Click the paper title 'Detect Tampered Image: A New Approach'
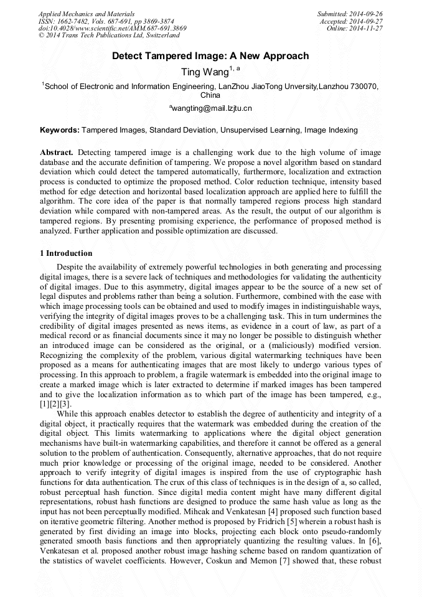coord(210,56)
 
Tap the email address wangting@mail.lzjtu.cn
coord(210,108)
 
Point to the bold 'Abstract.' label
coord(57,153)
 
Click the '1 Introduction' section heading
coord(66,253)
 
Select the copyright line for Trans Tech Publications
coord(109,35)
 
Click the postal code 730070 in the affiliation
coord(363,87)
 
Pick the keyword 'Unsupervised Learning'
coord(260,130)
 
